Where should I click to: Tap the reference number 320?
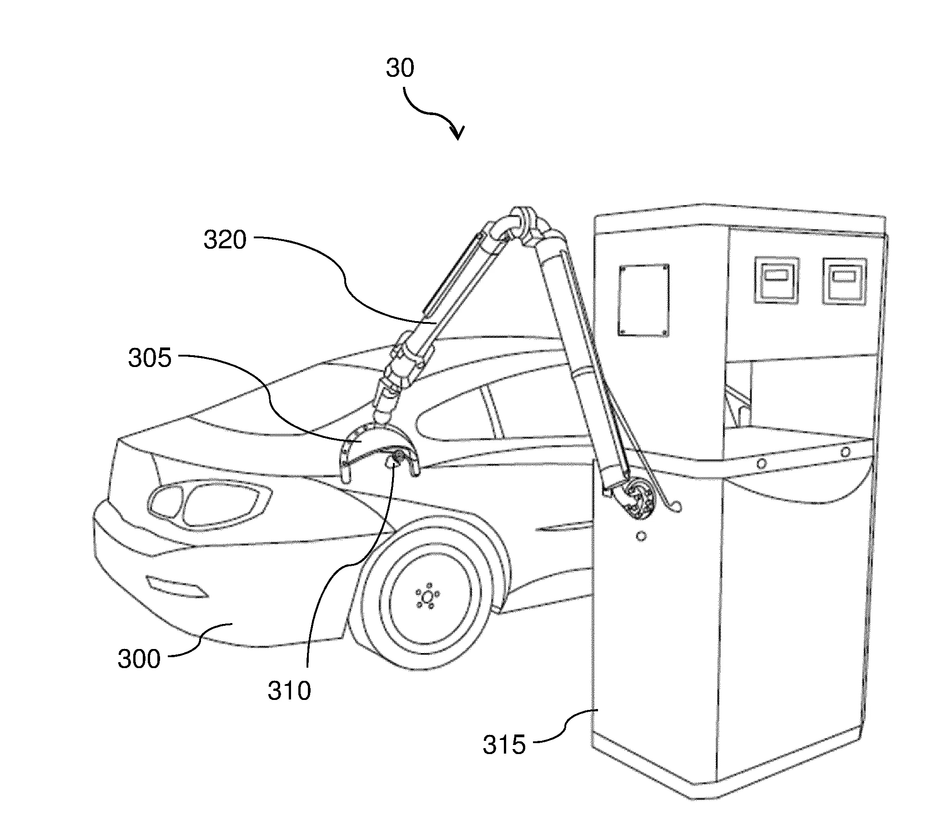(225, 239)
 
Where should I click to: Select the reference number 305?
(150, 358)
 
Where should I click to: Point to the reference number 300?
(139, 659)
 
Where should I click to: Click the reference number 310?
(289, 691)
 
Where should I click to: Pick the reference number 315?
(504, 745)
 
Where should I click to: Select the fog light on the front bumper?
(176, 587)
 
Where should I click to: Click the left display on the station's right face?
(776, 280)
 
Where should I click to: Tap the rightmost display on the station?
(845, 281)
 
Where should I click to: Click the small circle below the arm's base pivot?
(641, 536)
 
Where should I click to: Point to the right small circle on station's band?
(846, 452)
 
